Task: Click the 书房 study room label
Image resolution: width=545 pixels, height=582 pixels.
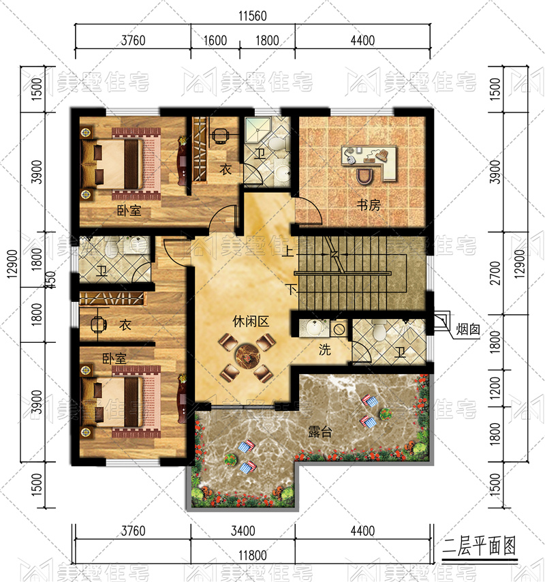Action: pos(369,205)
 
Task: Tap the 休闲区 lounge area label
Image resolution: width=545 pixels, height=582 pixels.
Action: pos(251,322)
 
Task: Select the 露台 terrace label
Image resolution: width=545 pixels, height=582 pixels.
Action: pos(320,431)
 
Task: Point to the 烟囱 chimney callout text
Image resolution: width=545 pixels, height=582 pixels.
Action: pos(468,329)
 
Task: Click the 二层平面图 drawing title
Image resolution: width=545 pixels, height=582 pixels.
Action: pos(479,547)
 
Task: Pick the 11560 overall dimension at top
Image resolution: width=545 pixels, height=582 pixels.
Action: pos(253,16)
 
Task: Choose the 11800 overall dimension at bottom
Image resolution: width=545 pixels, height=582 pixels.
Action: pos(253,555)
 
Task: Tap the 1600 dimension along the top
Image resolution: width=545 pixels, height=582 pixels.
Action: pos(215,40)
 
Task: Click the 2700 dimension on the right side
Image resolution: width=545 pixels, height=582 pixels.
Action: pos(495,273)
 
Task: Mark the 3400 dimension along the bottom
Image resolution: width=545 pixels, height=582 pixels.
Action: pos(243,531)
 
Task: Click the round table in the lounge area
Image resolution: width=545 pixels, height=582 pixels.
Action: pos(247,356)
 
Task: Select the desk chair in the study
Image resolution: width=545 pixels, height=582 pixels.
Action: pos(366,176)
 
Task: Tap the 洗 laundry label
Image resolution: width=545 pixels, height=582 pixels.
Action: pos(325,350)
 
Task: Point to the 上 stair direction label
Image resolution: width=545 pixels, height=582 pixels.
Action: pos(287,251)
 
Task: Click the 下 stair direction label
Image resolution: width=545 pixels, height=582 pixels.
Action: pos(292,290)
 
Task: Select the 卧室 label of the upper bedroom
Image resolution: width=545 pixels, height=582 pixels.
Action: pos(129,211)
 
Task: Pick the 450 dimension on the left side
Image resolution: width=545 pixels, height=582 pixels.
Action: pos(52,280)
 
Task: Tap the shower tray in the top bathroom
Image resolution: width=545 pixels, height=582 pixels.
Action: pos(258,129)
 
